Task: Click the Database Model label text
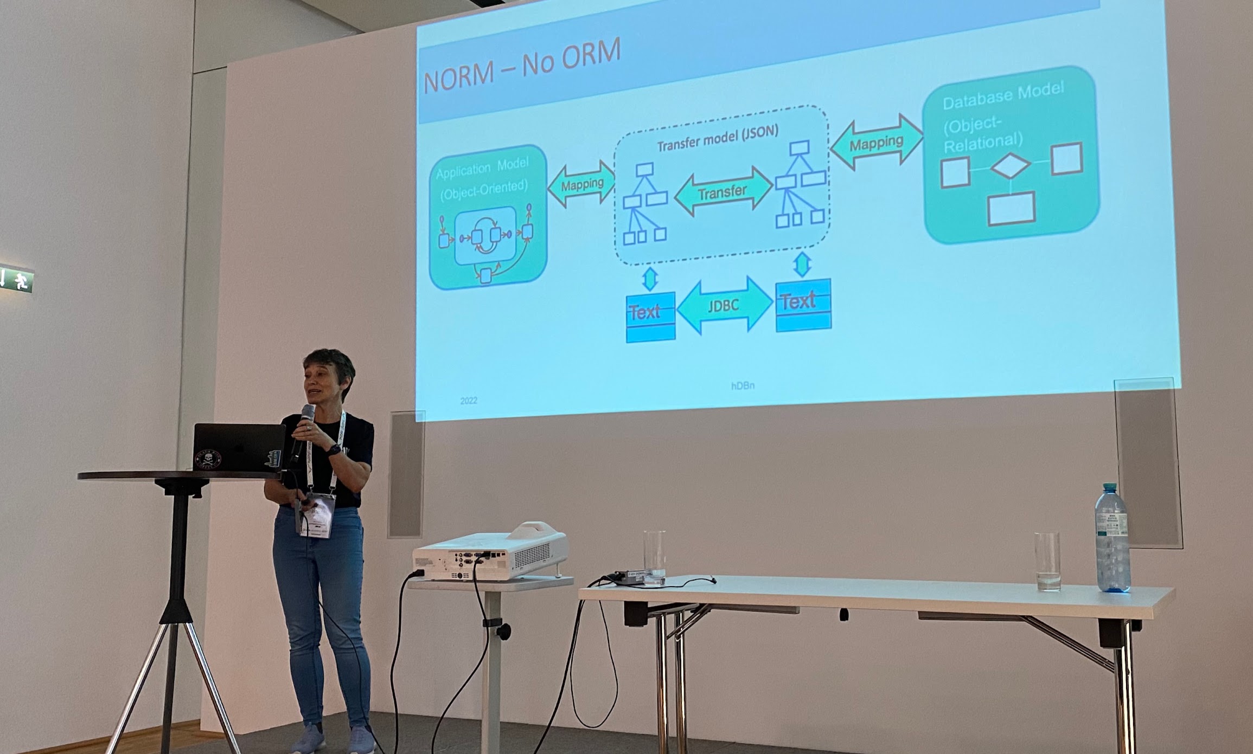point(1003,96)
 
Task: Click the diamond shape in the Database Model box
point(1010,166)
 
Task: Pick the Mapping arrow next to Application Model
point(581,184)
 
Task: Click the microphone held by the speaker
point(304,428)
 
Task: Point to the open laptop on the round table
point(239,448)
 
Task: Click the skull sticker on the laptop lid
point(208,459)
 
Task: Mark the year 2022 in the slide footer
point(469,401)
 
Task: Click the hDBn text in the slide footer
point(743,385)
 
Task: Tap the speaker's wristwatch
point(334,450)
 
